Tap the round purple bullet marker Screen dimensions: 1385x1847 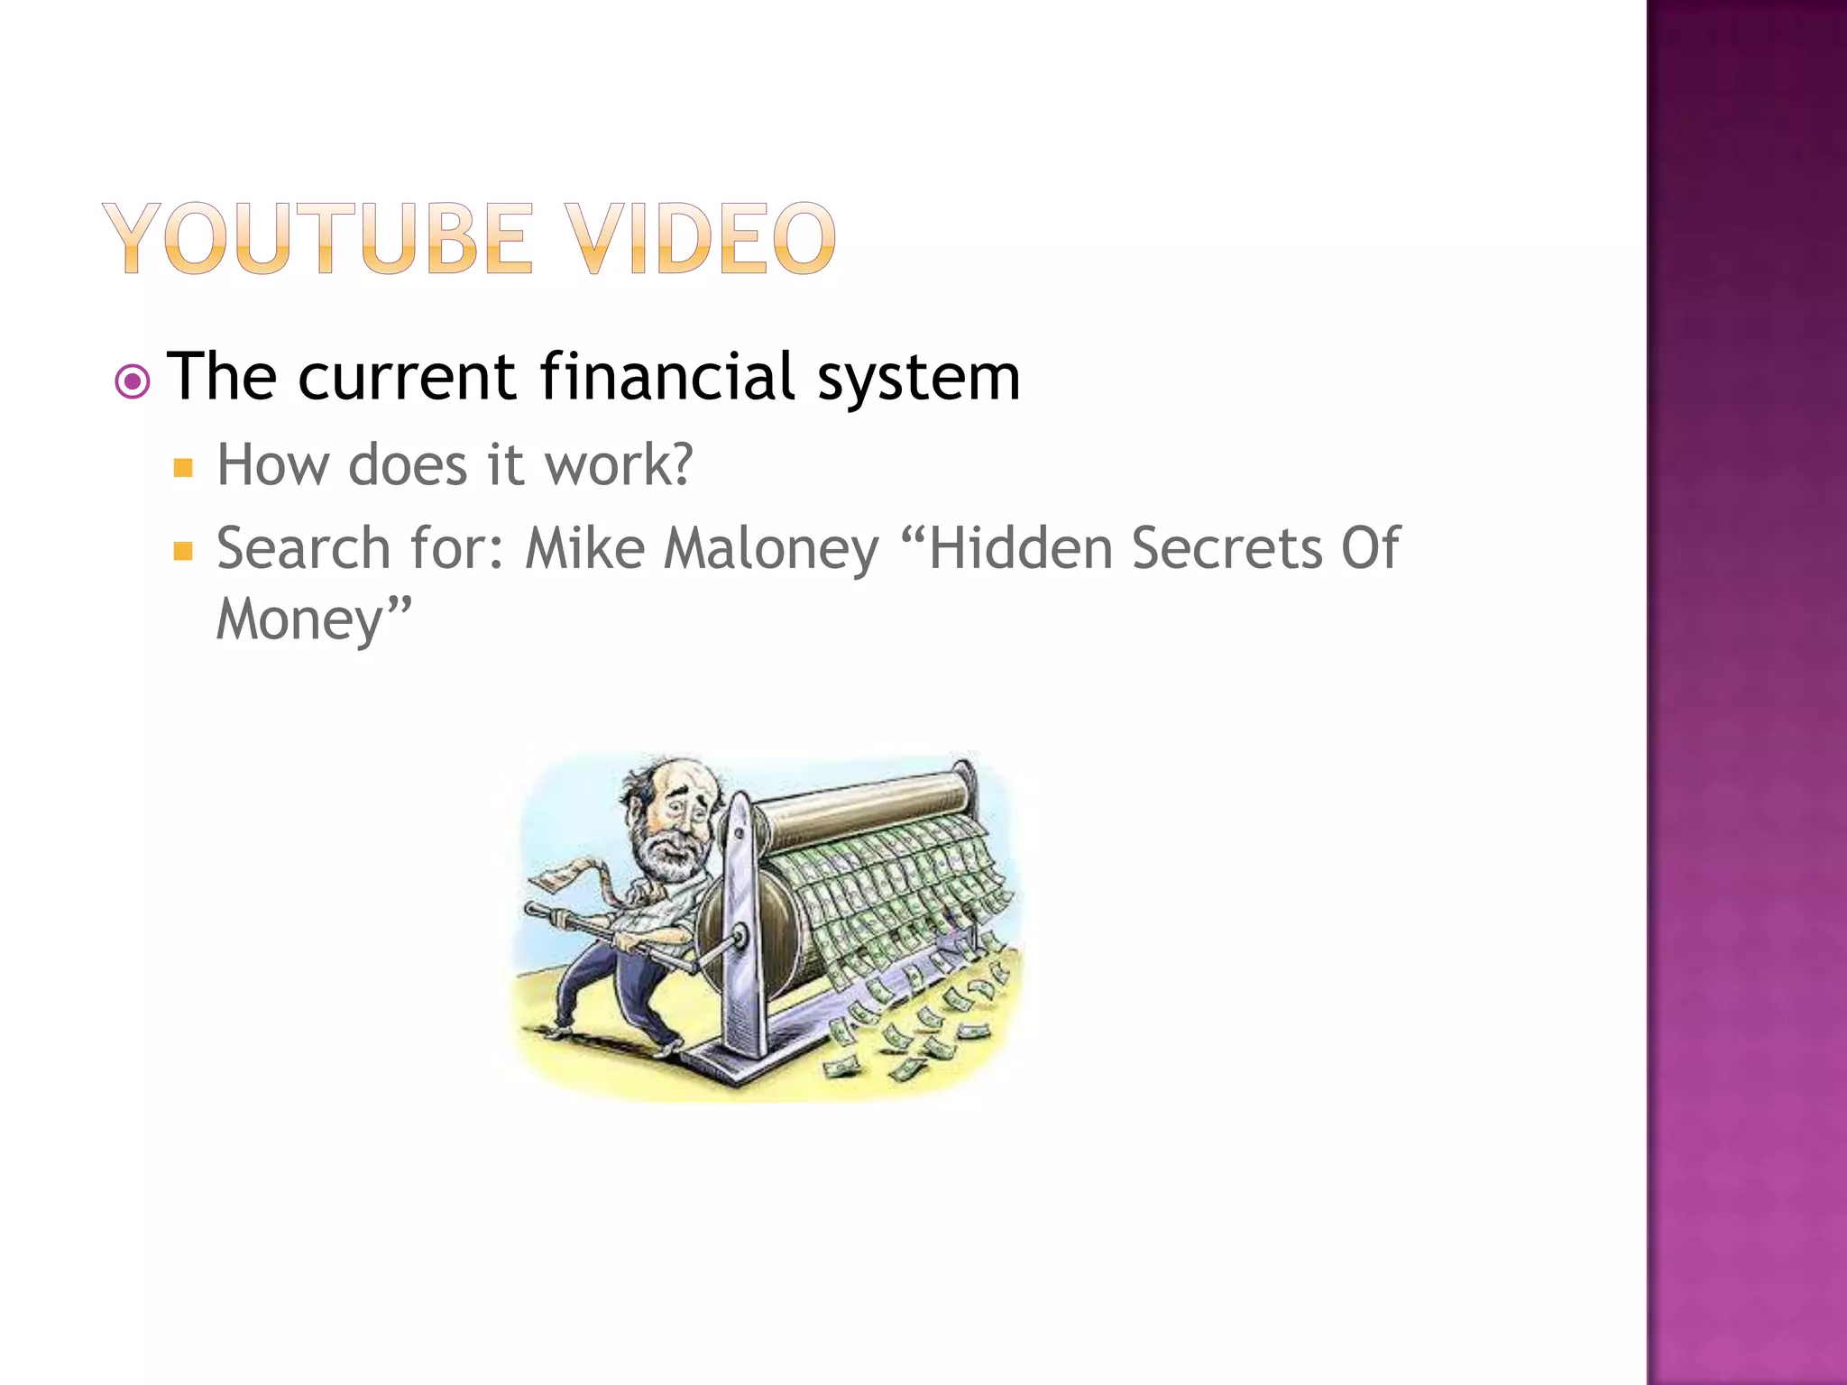click(x=133, y=382)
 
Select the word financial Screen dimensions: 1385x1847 click(x=667, y=376)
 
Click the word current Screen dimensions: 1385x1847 click(x=407, y=378)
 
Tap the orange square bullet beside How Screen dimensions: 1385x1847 click(x=184, y=467)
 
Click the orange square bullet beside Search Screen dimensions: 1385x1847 click(x=184, y=551)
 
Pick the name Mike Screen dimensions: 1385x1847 click(x=584, y=548)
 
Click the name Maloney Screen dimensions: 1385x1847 click(x=771, y=550)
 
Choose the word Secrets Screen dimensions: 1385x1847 click(x=1227, y=548)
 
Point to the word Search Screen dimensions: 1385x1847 click(x=303, y=548)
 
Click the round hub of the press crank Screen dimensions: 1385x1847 click(x=741, y=937)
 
